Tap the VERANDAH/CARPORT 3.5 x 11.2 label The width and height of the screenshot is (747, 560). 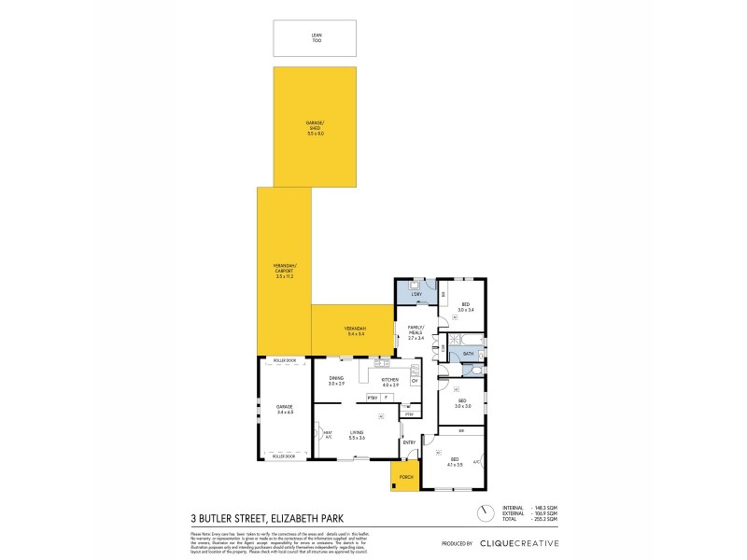coord(285,273)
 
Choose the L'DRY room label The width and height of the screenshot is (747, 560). coord(416,295)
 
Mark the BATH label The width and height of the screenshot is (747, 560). coord(469,354)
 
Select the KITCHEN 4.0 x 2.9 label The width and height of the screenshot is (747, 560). coord(389,381)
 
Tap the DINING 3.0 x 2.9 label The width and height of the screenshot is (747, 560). coord(336,381)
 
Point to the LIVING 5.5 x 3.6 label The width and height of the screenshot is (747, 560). coord(356,434)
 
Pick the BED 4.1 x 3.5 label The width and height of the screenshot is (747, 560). coord(455,461)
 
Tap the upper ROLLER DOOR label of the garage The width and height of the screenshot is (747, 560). coord(284,360)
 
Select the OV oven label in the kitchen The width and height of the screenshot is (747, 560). coord(414,381)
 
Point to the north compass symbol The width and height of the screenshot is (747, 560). coord(485,514)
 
